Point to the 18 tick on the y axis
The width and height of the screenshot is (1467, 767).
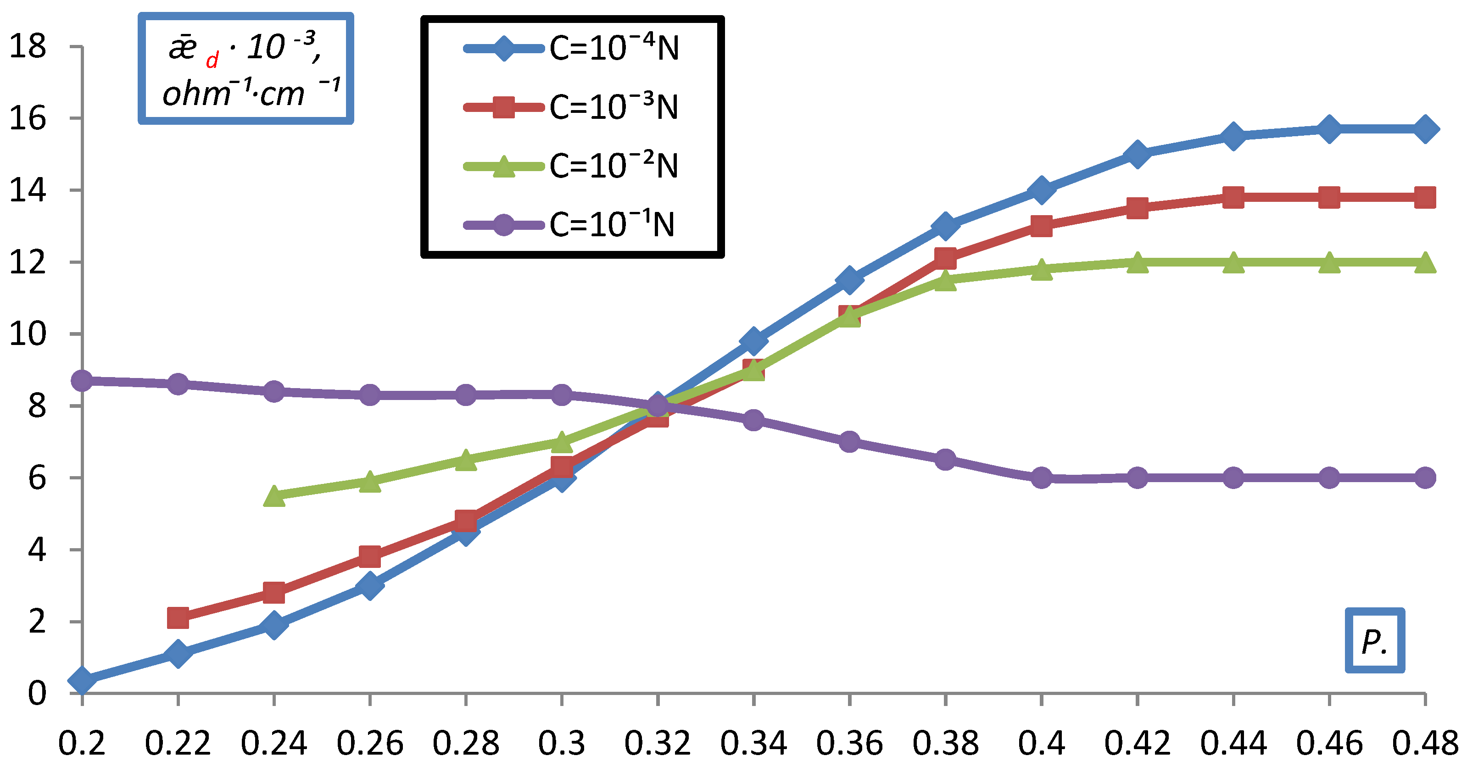(28, 46)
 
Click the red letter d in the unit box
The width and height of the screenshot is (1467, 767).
(212, 60)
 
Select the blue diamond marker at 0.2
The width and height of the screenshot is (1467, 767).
(82, 680)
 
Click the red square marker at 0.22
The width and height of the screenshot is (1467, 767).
(178, 618)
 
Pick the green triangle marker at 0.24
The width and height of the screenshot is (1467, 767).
(274, 496)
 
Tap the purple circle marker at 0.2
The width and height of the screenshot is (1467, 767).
(82, 380)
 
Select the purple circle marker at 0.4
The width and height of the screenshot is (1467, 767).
(1041, 478)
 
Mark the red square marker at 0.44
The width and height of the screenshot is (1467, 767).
(1233, 198)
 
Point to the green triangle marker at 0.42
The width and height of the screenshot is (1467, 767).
(1137, 262)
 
